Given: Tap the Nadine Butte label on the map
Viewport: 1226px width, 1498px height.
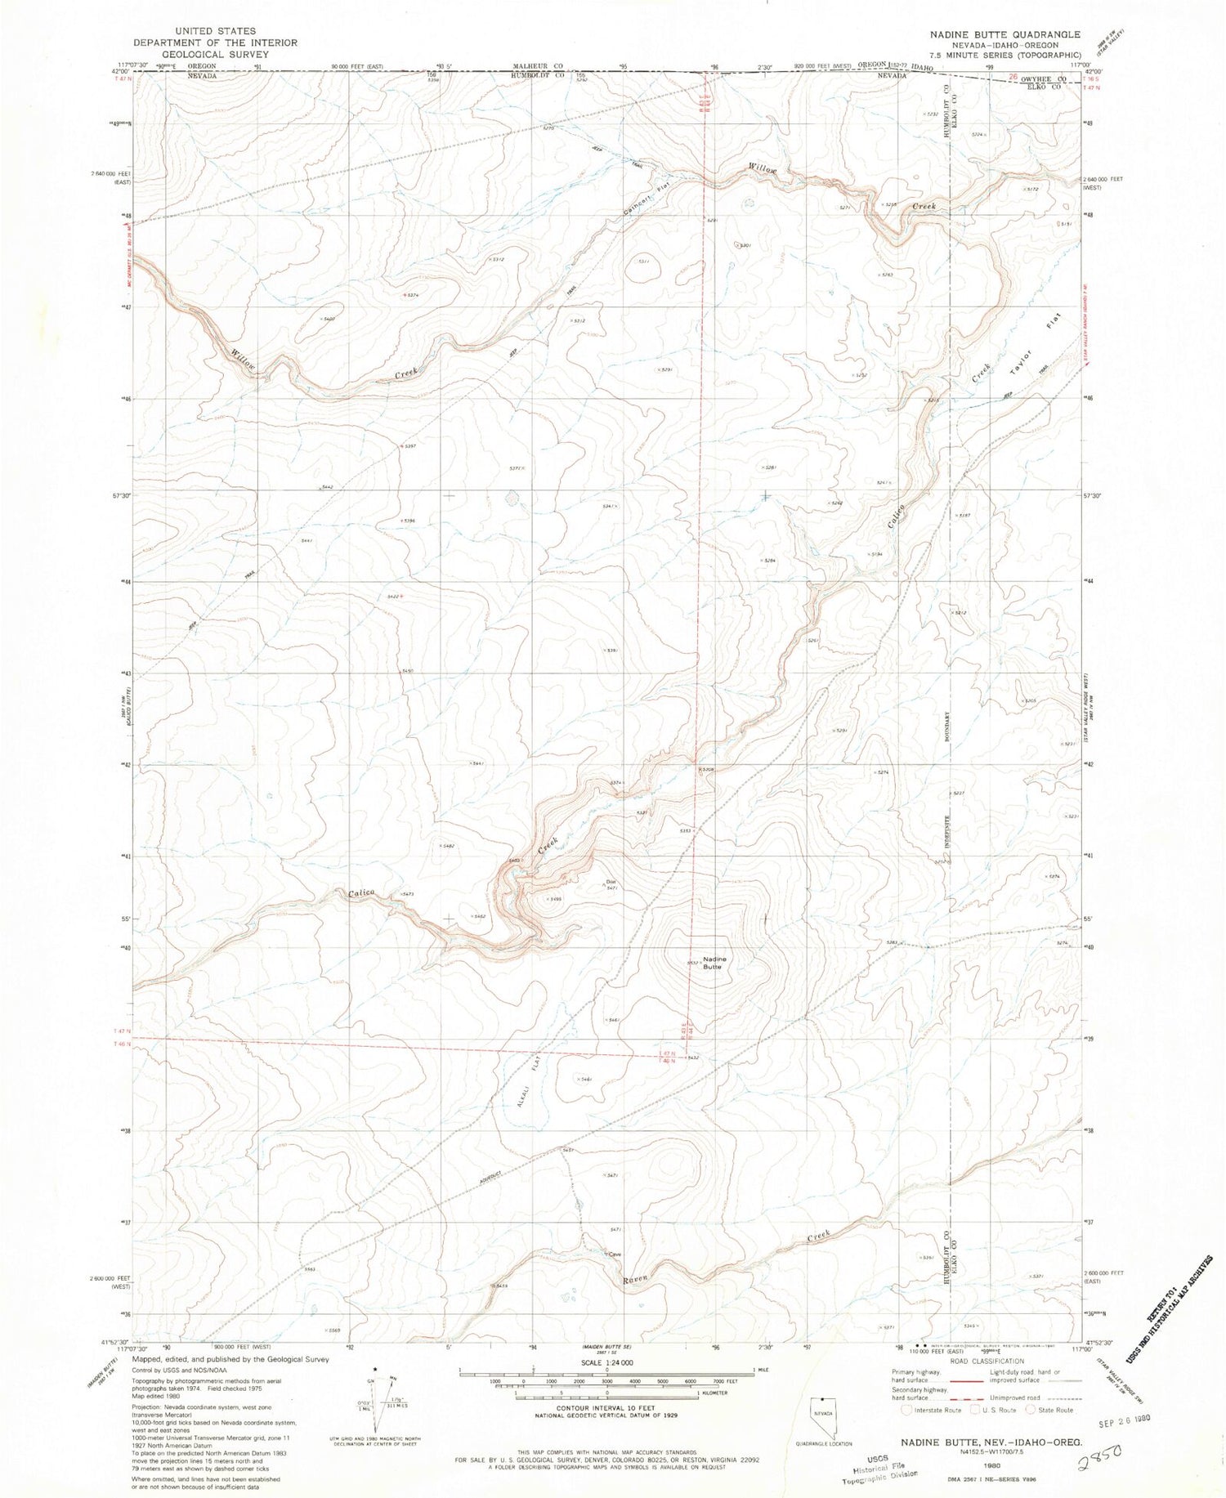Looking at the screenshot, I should pos(712,962).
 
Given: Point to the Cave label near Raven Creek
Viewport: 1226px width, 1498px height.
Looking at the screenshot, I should pos(614,1254).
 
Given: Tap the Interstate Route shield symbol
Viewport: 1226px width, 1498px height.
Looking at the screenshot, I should pos(907,1410).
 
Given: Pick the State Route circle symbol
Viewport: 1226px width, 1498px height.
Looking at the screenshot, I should pos(1032,1410).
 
